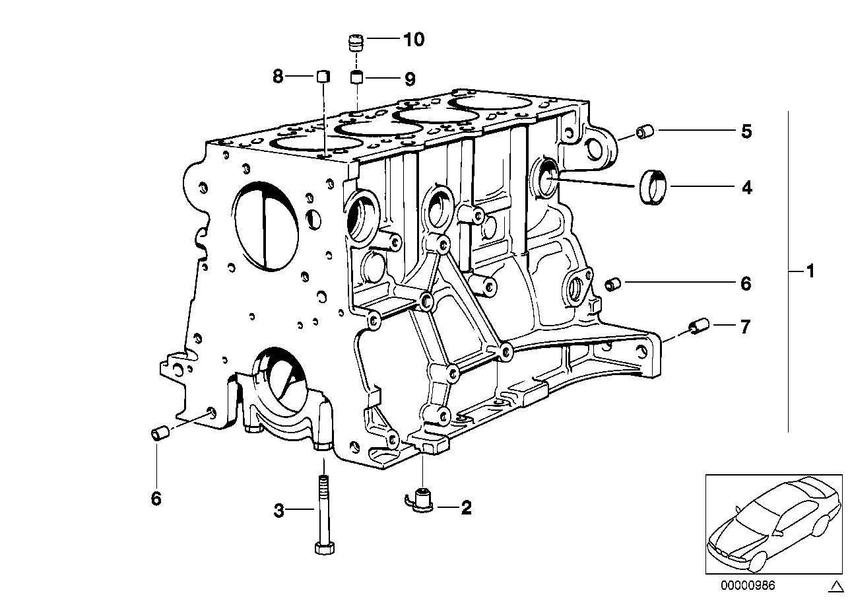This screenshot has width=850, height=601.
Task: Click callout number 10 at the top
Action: tap(414, 40)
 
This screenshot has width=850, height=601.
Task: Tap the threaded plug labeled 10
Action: tap(356, 43)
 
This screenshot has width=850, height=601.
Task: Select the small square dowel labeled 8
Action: tap(323, 77)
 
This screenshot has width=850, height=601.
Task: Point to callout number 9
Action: tap(410, 79)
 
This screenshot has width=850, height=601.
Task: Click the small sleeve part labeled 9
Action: tap(356, 77)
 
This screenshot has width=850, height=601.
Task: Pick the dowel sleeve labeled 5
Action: tap(644, 131)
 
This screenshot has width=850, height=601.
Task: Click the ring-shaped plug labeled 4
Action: tap(653, 187)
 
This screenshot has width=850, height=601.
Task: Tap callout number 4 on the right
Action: tap(747, 188)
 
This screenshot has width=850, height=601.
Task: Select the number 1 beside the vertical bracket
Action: tap(809, 271)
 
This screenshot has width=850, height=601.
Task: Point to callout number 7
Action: tap(745, 327)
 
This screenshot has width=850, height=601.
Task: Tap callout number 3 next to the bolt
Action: tap(279, 511)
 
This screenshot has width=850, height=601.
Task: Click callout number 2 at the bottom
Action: tap(466, 508)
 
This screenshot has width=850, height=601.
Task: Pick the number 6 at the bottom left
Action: tap(156, 498)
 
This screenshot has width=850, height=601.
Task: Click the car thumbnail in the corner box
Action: tap(773, 524)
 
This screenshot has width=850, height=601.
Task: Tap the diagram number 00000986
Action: tap(748, 585)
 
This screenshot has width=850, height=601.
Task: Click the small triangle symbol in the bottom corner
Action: tap(835, 586)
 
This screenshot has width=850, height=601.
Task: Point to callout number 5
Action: tap(746, 131)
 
